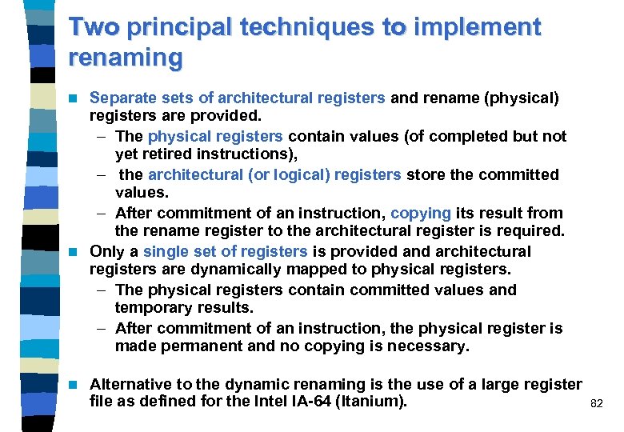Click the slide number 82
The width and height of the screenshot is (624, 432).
point(596,405)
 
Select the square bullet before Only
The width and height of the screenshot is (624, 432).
point(75,251)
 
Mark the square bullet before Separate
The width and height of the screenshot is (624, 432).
point(75,98)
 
